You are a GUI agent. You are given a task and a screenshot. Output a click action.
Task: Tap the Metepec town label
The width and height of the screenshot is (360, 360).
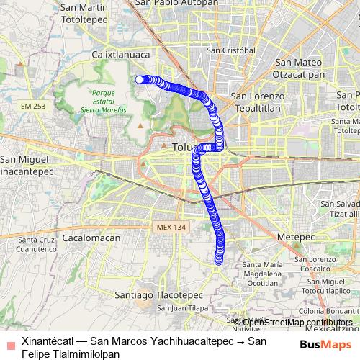click(x=291, y=235)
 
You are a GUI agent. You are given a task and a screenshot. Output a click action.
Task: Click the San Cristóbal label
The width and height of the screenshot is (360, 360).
click(x=231, y=50)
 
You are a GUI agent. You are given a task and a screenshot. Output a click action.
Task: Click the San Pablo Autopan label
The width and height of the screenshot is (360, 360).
click(x=175, y=3)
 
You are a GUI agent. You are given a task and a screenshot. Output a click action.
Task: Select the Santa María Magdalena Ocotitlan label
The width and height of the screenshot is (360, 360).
click(x=268, y=274)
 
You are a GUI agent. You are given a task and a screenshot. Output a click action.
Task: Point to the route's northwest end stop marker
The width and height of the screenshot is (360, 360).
click(x=140, y=79)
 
